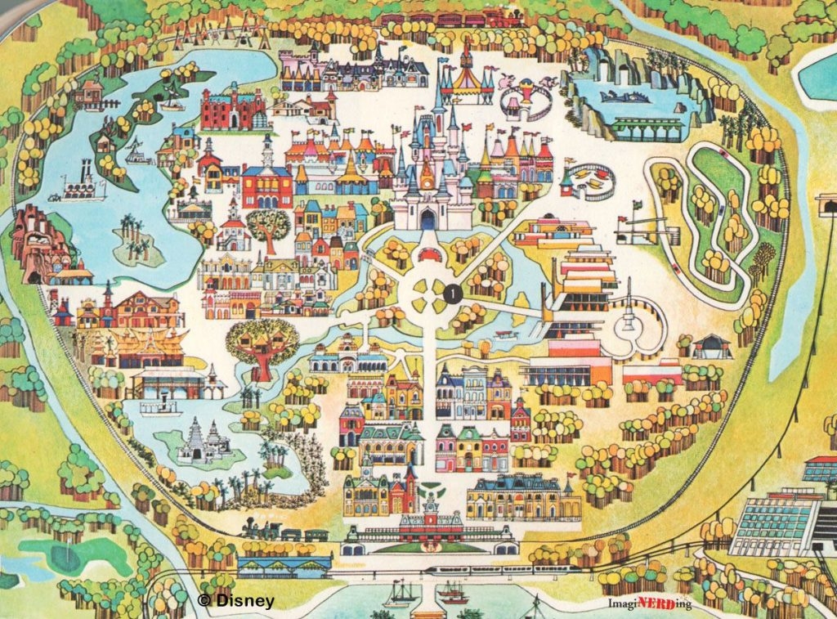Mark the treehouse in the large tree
[x=262, y=344]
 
